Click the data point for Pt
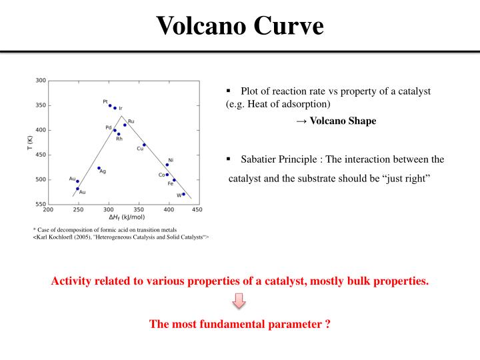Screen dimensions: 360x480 (110, 105)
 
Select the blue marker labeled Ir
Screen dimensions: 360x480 (115, 108)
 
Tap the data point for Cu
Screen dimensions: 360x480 (144, 145)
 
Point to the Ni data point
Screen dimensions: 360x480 (167, 165)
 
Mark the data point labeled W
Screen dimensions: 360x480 (183, 194)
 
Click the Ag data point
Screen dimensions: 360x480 (99, 168)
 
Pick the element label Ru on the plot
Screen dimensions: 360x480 (131, 121)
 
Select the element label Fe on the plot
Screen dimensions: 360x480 (171, 184)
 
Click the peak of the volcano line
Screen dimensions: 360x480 (121, 115)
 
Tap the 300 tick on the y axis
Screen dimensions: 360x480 (41, 81)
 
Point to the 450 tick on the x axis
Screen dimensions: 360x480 (197, 209)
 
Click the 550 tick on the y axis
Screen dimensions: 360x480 (41, 204)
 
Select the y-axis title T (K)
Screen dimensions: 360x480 (29, 142)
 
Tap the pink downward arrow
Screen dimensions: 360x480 (239, 302)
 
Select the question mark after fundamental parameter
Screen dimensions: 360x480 (329, 324)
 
